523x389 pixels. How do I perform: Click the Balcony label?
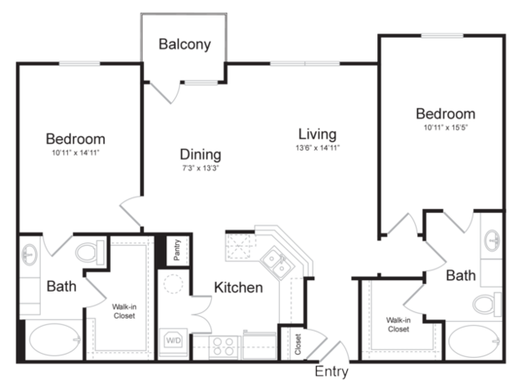(184, 44)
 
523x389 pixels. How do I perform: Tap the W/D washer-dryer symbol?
(174, 341)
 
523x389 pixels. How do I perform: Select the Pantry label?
(177, 250)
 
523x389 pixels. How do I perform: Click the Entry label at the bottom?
(331, 371)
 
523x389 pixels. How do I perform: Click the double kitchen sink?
(277, 263)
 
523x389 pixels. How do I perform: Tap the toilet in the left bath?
(90, 252)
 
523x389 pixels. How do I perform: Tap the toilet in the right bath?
(487, 305)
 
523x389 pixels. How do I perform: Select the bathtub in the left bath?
(55, 340)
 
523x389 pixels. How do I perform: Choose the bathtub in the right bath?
(475, 342)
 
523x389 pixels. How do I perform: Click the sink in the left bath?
(29, 255)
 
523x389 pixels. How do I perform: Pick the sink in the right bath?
(493, 240)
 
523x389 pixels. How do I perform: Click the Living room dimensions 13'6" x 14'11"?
(318, 147)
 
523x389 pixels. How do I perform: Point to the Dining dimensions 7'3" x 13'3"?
(201, 168)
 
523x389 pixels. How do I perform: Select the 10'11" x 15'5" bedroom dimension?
(445, 128)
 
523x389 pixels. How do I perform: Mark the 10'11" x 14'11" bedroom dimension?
(76, 153)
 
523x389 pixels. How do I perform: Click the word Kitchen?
(238, 287)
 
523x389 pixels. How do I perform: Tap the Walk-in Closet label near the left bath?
(124, 311)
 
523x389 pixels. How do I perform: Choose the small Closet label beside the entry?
(298, 344)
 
